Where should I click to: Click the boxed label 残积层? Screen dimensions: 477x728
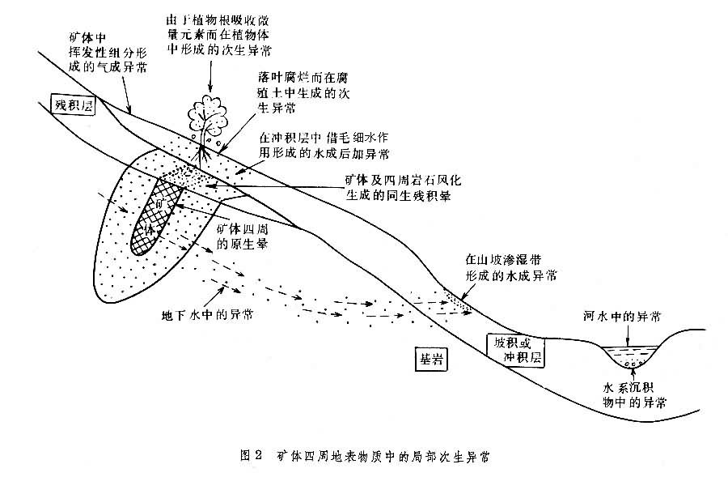coord(74,104)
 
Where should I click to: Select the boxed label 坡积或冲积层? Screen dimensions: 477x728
coord(516,348)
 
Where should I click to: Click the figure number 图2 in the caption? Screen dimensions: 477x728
coord(250,454)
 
